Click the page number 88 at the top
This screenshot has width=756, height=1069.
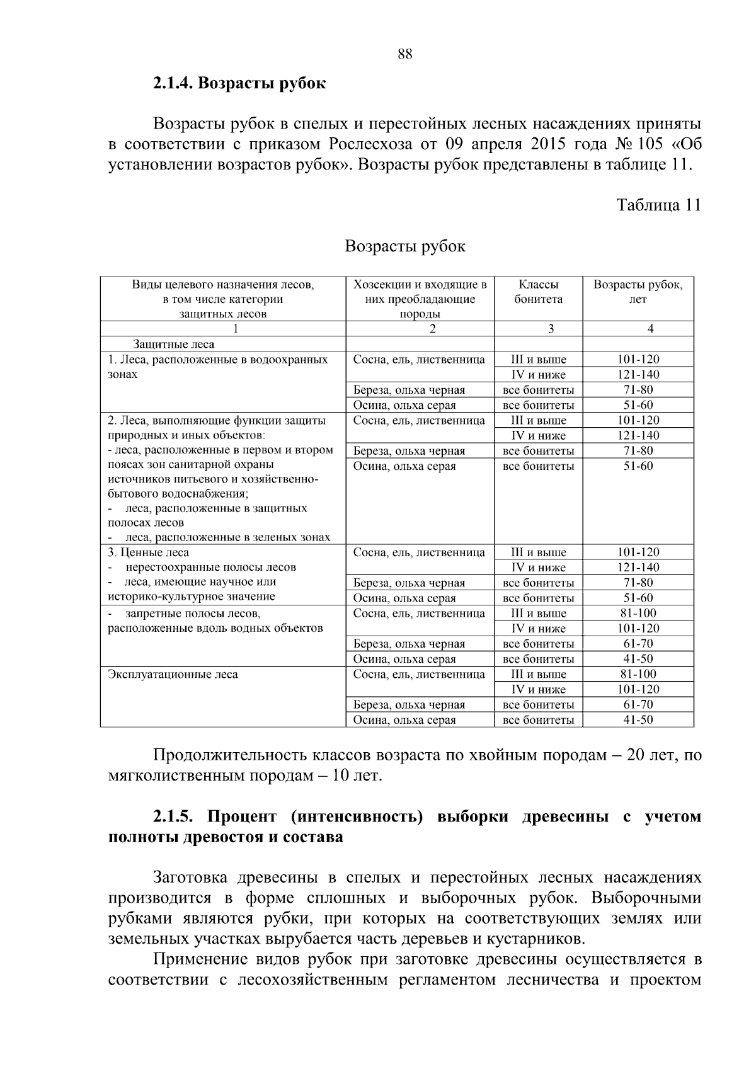click(405, 54)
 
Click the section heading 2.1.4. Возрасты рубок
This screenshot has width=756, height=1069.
click(239, 83)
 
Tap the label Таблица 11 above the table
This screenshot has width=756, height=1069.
click(658, 205)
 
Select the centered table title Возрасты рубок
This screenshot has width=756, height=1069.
click(405, 246)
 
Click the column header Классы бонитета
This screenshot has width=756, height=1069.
click(539, 292)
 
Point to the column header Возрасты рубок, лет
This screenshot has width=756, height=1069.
click(638, 292)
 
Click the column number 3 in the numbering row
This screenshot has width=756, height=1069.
click(551, 328)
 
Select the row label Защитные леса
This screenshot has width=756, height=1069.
click(173, 345)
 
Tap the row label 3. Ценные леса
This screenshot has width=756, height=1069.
click(149, 552)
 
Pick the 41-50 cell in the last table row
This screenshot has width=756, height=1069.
click(638, 720)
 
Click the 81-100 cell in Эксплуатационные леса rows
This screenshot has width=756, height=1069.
click(638, 674)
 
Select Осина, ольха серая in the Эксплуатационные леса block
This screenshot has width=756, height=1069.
click(404, 720)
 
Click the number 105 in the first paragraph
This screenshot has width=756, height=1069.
click(650, 144)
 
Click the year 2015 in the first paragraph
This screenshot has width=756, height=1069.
click(549, 144)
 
